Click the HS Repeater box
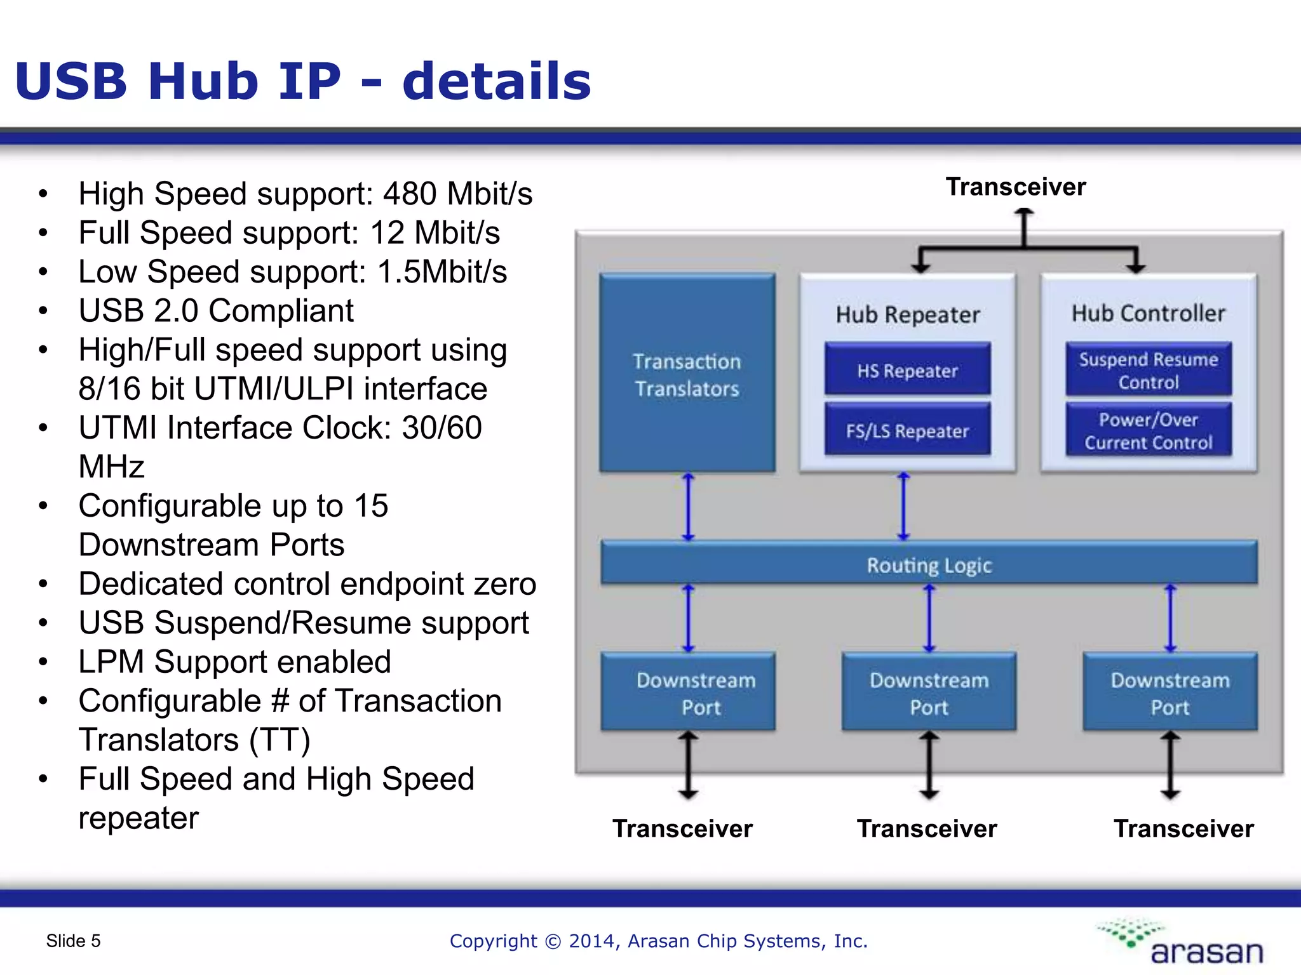[x=907, y=369]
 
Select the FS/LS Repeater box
[x=907, y=430]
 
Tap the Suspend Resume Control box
[x=1149, y=370]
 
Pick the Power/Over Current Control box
[x=1149, y=430]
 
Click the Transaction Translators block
[x=687, y=375]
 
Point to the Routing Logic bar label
[x=929, y=565]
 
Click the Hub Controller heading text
[x=1149, y=313]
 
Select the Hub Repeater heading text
[x=907, y=314]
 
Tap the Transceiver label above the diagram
[x=1015, y=187]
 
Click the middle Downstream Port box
[x=929, y=693]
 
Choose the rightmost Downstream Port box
[x=1170, y=693]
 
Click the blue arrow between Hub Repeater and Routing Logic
[x=903, y=507]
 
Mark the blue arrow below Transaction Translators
[x=688, y=507]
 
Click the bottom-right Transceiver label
[x=1183, y=828]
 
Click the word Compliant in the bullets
[x=281, y=310]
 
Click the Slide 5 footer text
[x=73, y=941]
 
